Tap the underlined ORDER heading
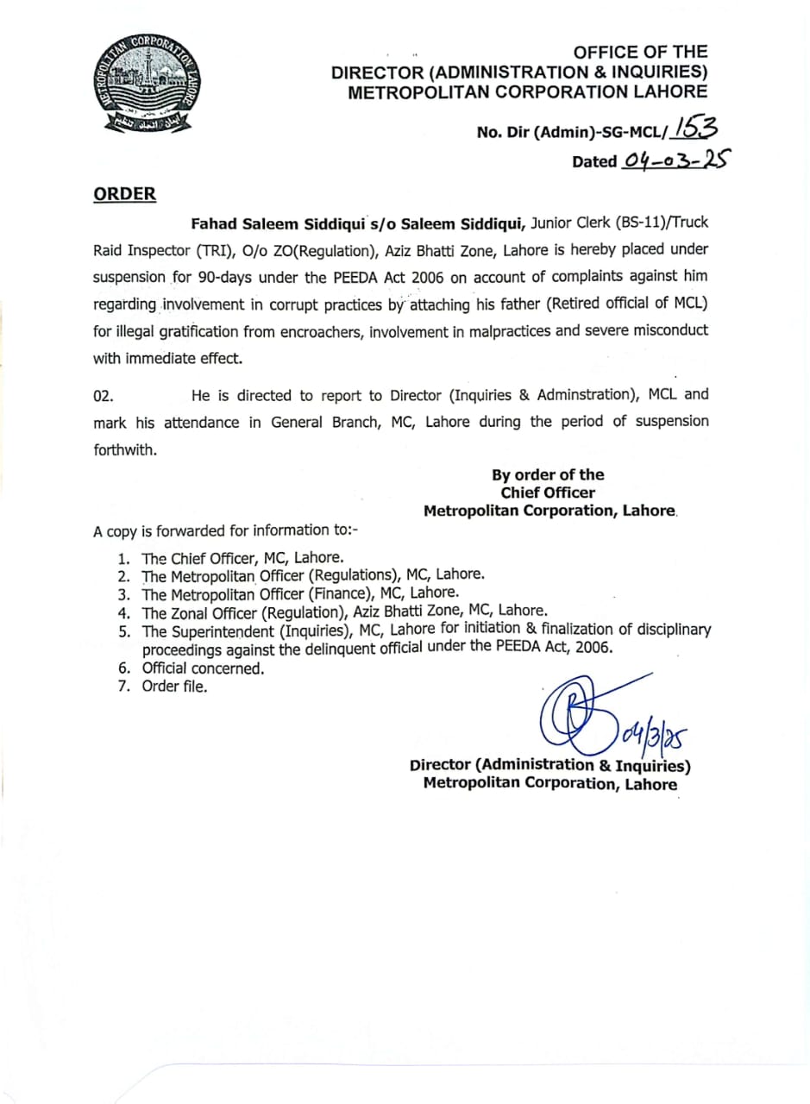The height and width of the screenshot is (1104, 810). pos(125,193)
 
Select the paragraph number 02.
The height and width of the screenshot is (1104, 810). pos(103,395)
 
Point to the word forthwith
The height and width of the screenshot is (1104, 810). pos(125,448)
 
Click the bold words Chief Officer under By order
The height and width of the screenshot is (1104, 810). pos(548,492)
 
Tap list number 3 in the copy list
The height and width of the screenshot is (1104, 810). pos(124,593)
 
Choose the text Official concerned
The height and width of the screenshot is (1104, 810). pos(204,668)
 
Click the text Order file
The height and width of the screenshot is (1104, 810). pos(175,687)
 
